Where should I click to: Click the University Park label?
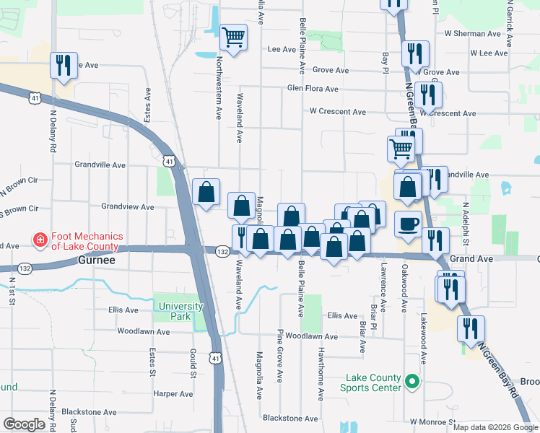click(181, 311)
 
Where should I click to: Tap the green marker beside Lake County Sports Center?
click(412, 381)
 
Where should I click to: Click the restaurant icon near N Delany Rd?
click(63, 66)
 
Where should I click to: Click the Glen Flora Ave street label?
click(313, 89)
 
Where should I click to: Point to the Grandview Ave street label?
click(128, 206)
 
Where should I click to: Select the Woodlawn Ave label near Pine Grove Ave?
click(311, 336)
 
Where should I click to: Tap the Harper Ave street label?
click(173, 394)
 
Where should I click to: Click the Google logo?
click(24, 424)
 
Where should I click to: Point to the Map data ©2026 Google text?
click(495, 427)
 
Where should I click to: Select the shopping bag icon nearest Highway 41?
click(206, 192)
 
